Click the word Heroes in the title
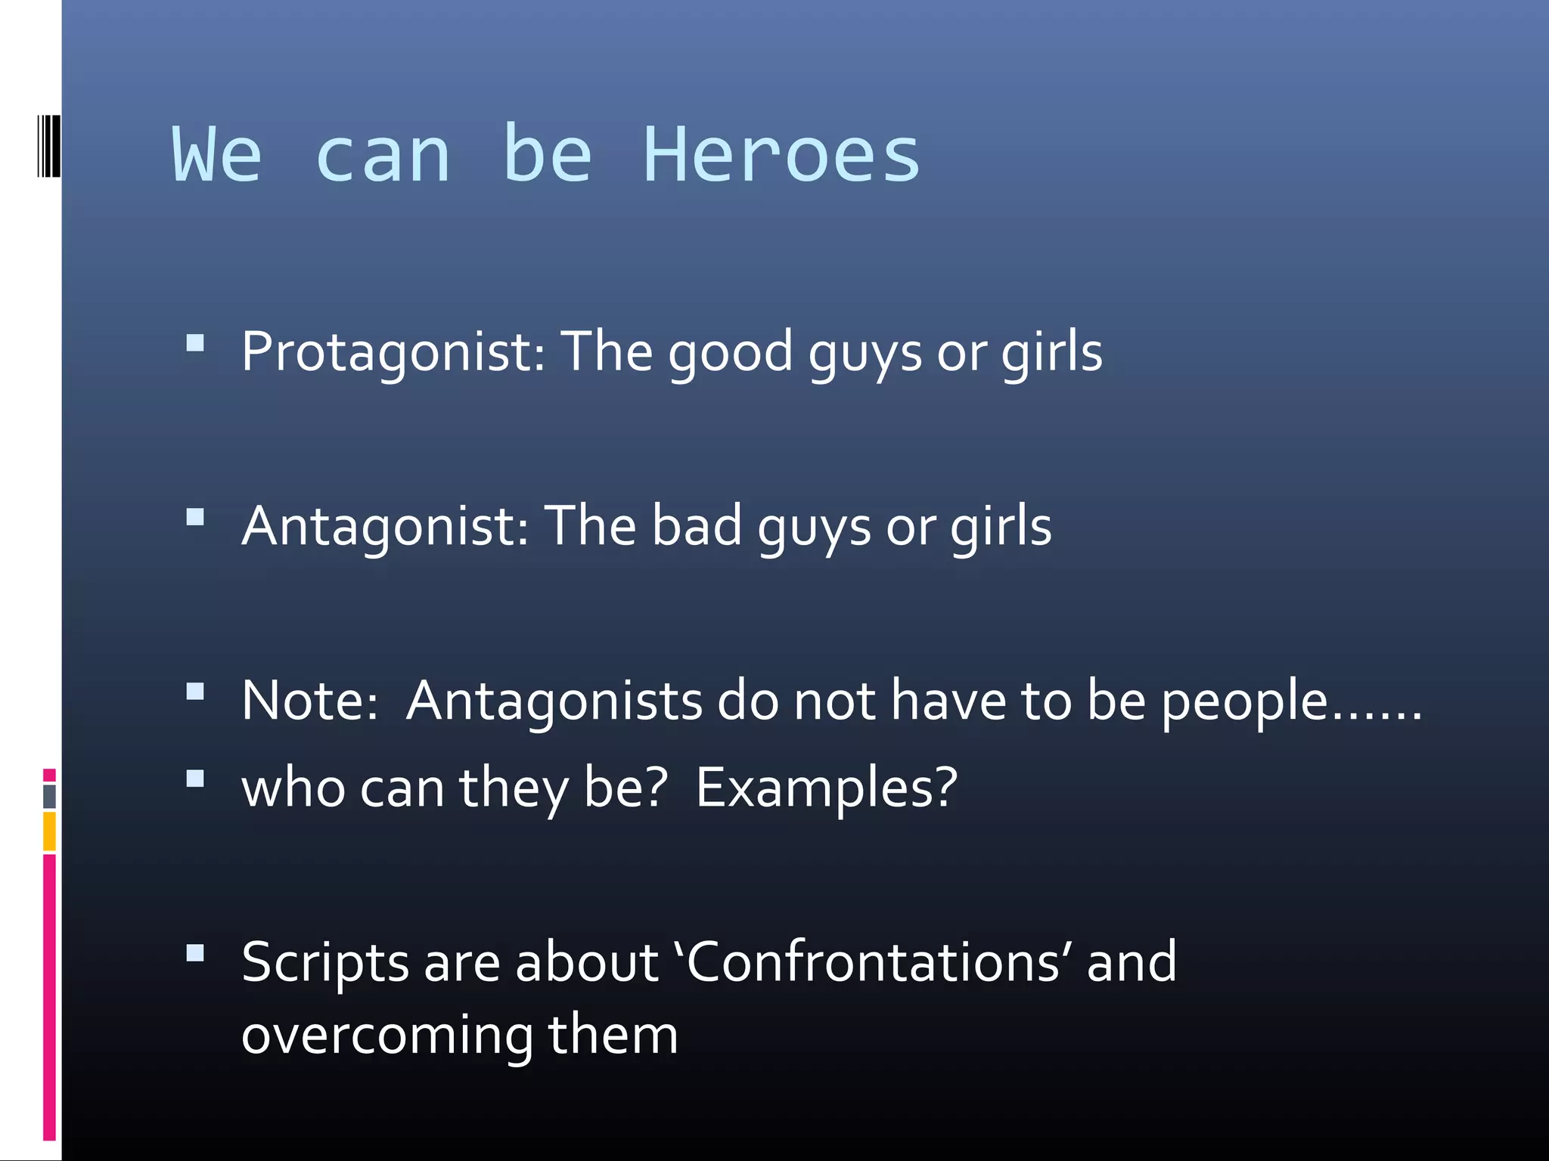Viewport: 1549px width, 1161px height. pos(781,155)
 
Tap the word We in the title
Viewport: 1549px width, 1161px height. pos(217,155)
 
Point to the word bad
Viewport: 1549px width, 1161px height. pos(697,526)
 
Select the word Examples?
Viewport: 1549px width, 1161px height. pos(826,788)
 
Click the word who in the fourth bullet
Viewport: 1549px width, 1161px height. pos(293,788)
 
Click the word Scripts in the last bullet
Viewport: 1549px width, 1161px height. pos(325,964)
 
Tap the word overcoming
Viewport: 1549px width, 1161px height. pos(386,1035)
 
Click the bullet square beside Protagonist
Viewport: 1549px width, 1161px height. pos(195,344)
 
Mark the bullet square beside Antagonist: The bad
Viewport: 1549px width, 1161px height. pos(195,518)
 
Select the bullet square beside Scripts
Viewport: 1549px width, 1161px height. pos(195,954)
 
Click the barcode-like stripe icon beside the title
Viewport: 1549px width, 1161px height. pos(48,146)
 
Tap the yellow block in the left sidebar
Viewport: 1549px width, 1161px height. pos(49,831)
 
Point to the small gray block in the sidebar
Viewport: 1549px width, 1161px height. pos(49,796)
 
